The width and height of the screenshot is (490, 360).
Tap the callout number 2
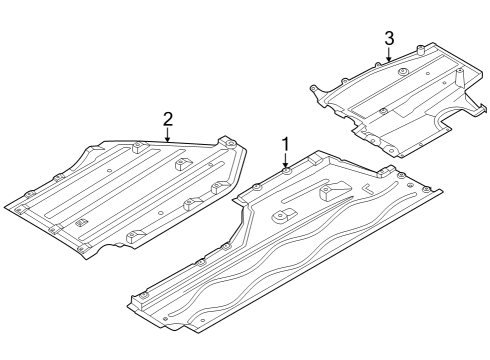tap(168, 120)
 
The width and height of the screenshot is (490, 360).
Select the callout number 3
tap(389, 38)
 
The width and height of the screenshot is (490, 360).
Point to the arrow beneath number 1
tap(286, 162)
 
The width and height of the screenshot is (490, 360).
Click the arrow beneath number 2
tap(168, 135)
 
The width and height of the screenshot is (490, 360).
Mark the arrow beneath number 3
tap(389, 54)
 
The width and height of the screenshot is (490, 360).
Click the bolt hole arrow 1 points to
tap(286, 173)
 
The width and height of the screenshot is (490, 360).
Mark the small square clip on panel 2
tap(84, 218)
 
